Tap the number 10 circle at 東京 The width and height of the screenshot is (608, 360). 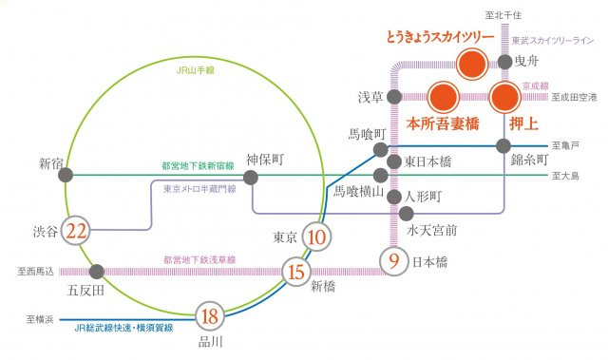point(318,237)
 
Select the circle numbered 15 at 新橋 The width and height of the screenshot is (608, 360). point(294,272)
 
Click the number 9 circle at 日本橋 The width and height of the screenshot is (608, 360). point(392,258)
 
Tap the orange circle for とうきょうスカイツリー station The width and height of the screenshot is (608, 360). point(471,65)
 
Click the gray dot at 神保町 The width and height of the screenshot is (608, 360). point(252,177)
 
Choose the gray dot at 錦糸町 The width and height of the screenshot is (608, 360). point(503,146)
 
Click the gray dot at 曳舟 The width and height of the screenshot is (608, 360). point(503,64)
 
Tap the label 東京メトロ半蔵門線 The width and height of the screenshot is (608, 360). point(199,190)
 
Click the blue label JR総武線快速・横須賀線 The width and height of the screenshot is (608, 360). point(123,328)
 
